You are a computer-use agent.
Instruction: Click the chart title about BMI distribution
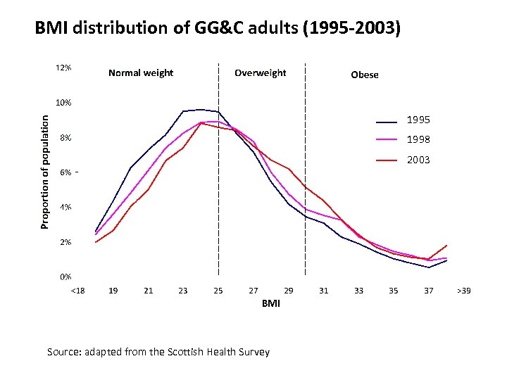(218, 29)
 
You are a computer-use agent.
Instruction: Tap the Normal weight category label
(141, 72)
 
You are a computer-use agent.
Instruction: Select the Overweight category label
(260, 72)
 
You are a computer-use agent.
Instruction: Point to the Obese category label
(364, 75)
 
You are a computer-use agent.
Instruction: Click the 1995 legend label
(418, 120)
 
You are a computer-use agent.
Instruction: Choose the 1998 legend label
(418, 139)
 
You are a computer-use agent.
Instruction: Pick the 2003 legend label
(418, 160)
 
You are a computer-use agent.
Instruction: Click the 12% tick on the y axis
(63, 68)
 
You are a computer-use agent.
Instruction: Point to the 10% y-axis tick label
(63, 103)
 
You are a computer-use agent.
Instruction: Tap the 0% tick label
(65, 277)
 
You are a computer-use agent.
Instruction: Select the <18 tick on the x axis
(77, 290)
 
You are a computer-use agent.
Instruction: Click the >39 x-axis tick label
(463, 290)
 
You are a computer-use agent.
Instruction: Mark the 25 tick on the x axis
(218, 290)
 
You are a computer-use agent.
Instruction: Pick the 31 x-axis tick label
(323, 290)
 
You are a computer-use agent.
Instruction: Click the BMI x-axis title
(270, 303)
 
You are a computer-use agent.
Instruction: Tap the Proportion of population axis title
(44, 172)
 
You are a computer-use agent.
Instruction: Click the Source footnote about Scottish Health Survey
(158, 352)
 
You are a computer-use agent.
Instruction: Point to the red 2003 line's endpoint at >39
(446, 246)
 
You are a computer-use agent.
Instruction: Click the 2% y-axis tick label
(65, 242)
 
